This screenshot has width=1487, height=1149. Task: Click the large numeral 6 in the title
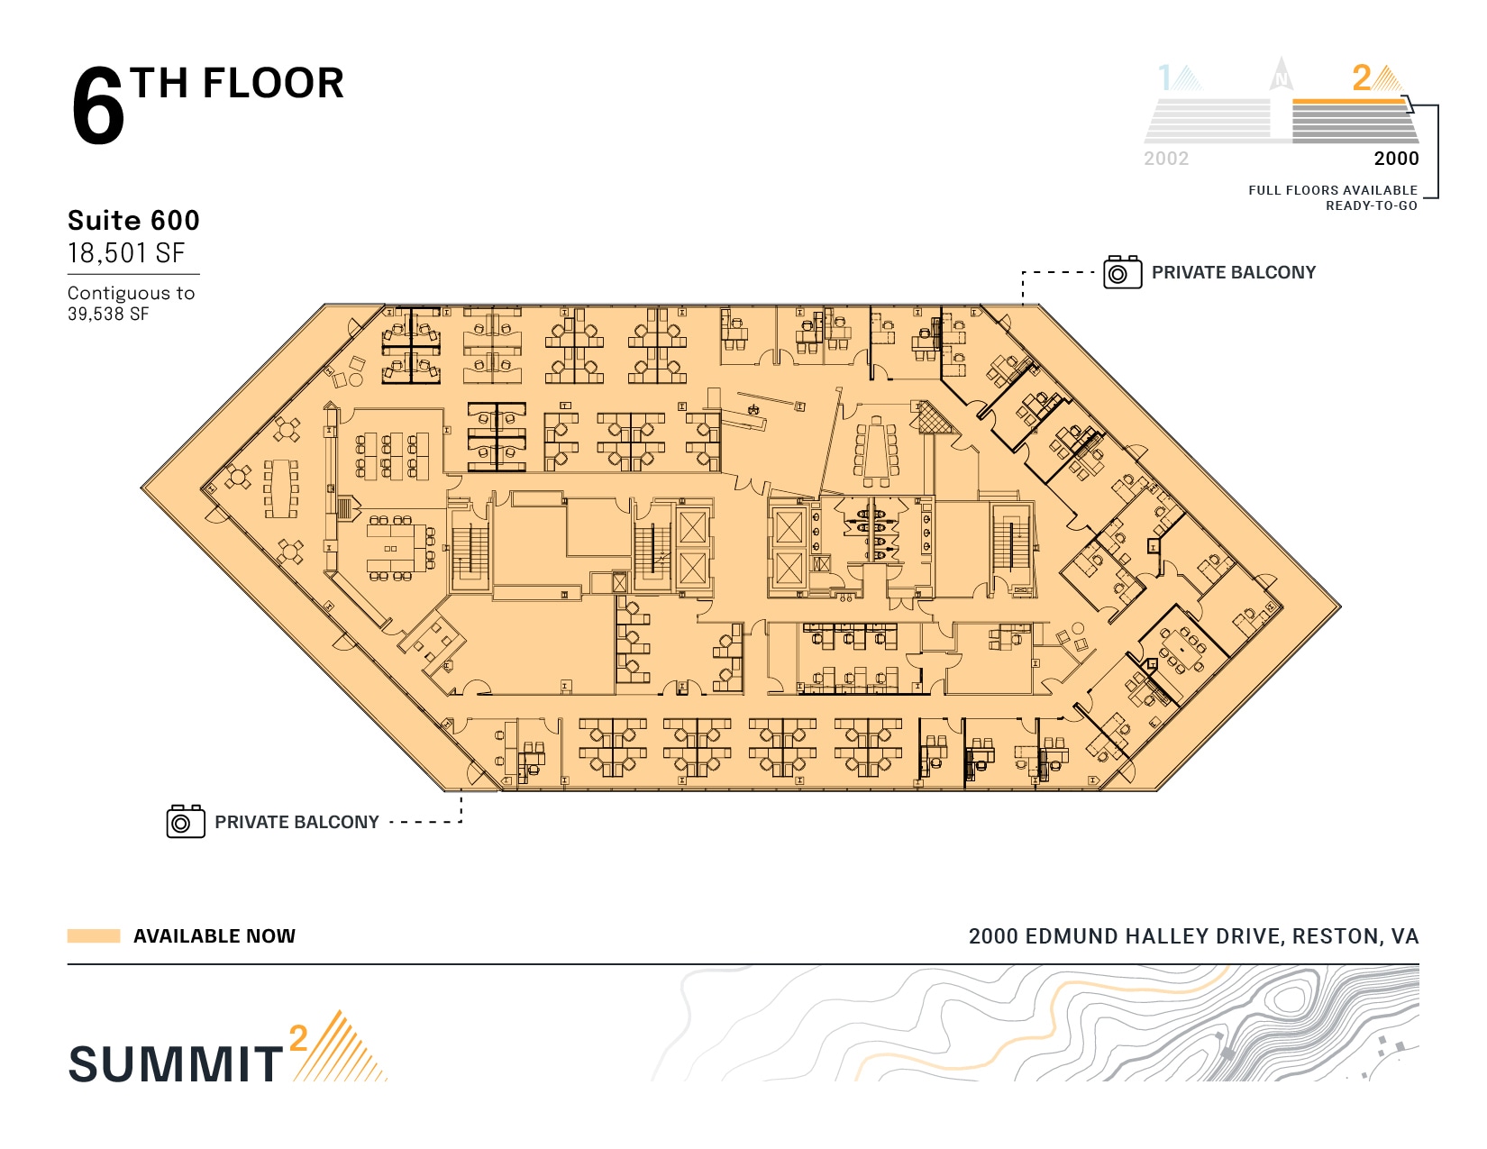pyautogui.click(x=98, y=105)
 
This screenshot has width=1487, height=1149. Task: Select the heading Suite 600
pyautogui.click(x=133, y=221)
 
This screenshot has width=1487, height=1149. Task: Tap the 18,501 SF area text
pyautogui.click(x=126, y=253)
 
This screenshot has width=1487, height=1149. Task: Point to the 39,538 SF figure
pyautogui.click(x=108, y=315)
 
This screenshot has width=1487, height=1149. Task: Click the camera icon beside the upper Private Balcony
pyautogui.click(x=1122, y=272)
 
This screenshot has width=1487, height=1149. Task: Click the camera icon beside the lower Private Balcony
pyautogui.click(x=186, y=821)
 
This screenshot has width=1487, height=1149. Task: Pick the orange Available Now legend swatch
pyautogui.click(x=94, y=935)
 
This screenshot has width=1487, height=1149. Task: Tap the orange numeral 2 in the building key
pyautogui.click(x=1361, y=78)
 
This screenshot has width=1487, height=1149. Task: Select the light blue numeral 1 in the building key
pyautogui.click(x=1164, y=78)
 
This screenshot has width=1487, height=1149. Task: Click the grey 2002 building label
pyautogui.click(x=1166, y=159)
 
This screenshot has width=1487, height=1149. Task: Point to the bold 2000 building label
pyautogui.click(x=1396, y=159)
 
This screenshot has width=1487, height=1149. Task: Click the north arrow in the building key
pyautogui.click(x=1281, y=74)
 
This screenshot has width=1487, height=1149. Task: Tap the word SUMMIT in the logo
pyautogui.click(x=176, y=1064)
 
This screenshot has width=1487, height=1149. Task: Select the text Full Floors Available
pyautogui.click(x=1332, y=190)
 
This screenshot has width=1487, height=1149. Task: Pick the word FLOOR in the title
pyautogui.click(x=273, y=84)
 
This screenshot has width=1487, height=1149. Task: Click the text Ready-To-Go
pyautogui.click(x=1372, y=206)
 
